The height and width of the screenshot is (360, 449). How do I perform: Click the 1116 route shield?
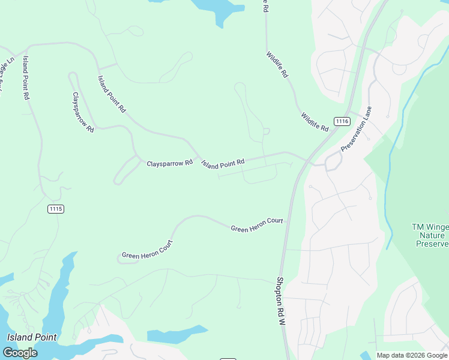[x=342, y=121]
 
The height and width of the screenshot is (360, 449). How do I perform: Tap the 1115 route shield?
[x=55, y=209]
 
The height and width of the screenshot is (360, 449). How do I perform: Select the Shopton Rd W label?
[x=280, y=301]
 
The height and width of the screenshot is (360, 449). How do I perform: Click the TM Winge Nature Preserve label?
[x=430, y=235]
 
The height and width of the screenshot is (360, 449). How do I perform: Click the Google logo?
[x=20, y=352]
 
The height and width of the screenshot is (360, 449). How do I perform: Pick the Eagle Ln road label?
[x=5, y=75]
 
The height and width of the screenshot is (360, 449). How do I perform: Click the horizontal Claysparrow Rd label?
[x=170, y=163]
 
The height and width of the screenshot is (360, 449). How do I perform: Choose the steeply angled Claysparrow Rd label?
[x=83, y=112]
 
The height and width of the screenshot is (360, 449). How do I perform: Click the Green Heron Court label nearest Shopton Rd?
[x=257, y=224]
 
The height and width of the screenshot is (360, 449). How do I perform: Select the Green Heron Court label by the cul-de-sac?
[x=147, y=251]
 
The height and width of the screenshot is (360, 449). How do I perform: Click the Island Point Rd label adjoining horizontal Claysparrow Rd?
[x=223, y=163]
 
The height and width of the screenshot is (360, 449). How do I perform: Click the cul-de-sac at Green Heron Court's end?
[x=119, y=259]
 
